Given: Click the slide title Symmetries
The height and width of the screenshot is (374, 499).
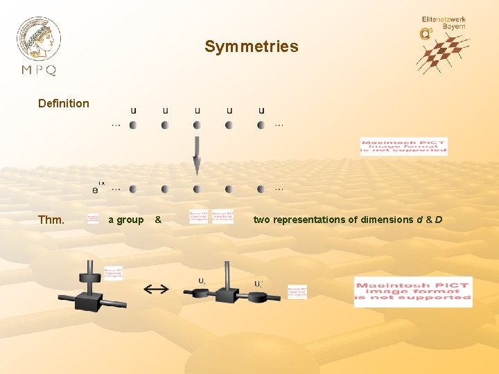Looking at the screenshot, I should click(x=251, y=47).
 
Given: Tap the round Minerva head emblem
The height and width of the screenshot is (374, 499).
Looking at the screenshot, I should click(x=39, y=38).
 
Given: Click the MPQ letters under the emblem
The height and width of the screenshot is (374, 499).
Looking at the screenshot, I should click(x=39, y=70).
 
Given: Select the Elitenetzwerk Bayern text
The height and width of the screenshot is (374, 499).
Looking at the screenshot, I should click(x=444, y=23).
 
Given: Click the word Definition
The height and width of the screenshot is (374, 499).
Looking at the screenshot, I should click(x=64, y=103).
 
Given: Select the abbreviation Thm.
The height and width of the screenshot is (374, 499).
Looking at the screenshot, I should click(x=51, y=220).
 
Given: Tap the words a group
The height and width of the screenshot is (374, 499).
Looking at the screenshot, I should click(x=126, y=220).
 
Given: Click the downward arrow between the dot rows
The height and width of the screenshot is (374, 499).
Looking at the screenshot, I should click(x=197, y=156).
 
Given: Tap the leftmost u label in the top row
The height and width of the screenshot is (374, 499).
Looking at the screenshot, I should click(x=133, y=110).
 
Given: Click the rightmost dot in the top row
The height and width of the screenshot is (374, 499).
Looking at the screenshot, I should click(x=261, y=125).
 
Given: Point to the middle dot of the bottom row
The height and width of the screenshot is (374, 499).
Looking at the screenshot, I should click(x=197, y=189).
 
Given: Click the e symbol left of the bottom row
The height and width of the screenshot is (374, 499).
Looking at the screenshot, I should click(x=94, y=189).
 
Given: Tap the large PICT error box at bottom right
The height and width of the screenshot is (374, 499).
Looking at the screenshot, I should click(x=412, y=292).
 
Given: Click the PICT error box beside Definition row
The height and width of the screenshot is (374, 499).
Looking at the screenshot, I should click(x=403, y=145).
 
